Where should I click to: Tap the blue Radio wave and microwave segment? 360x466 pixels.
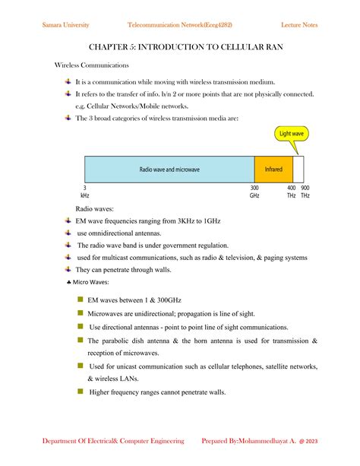169,169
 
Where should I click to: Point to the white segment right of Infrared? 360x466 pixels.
298,169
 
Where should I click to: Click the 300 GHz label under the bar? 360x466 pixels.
254,191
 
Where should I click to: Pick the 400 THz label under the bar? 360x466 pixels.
291,191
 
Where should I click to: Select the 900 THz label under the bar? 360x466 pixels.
305,191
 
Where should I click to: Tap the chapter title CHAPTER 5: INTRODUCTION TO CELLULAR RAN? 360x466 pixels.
180,46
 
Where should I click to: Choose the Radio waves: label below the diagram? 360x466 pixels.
94,208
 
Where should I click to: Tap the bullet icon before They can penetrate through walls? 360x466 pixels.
68,269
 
